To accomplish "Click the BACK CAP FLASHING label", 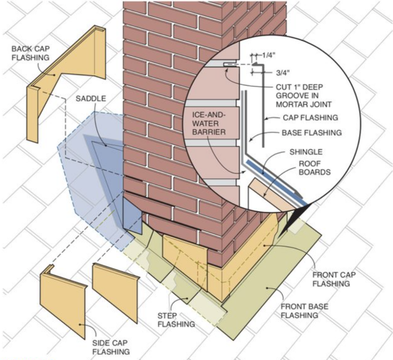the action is click(31, 53).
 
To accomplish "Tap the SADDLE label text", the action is click(91, 99).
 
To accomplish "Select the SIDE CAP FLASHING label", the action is click(111, 347).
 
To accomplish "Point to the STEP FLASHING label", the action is click(176, 320).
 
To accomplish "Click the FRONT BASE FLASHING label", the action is click(304, 311).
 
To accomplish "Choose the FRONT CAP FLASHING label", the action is click(334, 279).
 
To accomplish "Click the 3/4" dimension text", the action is click(283, 72).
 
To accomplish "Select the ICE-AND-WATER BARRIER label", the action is click(209, 123).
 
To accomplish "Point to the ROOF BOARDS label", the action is click(315, 168).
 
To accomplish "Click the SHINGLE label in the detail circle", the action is click(306, 152).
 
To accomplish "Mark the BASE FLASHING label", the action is click(312, 132).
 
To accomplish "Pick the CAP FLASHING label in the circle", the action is click(310, 117).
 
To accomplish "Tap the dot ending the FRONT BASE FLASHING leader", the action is click(267, 288).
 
